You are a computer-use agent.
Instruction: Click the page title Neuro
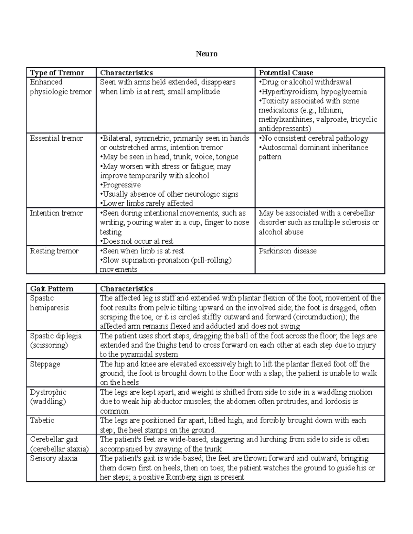[x=206, y=54]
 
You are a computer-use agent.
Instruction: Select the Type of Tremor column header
[x=57, y=73]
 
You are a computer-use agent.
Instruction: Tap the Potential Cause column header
[x=286, y=73]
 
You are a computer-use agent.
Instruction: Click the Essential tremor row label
[x=56, y=138]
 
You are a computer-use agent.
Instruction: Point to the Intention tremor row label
[x=56, y=213]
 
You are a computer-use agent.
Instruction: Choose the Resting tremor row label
[x=54, y=251]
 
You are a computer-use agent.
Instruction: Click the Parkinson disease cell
[x=287, y=251]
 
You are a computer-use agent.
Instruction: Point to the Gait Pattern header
[x=52, y=289]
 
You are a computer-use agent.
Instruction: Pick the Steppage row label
[x=45, y=364]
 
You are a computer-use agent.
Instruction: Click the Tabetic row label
[x=42, y=421]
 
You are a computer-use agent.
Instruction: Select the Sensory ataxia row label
[x=53, y=458]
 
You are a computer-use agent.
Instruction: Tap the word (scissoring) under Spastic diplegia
[x=49, y=345]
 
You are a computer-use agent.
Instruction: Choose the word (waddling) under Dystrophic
[x=47, y=402]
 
